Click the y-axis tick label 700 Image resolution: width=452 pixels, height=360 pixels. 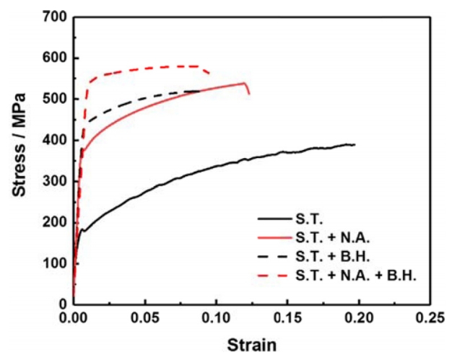pyautogui.click(x=54, y=16)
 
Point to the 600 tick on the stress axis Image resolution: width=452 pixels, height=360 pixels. pyautogui.click(x=54, y=58)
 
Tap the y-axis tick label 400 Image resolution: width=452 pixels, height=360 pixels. pyautogui.click(x=54, y=139)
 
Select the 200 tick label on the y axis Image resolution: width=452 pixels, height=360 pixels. pyautogui.click(x=54, y=221)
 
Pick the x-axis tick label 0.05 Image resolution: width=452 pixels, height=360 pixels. pyautogui.click(x=144, y=317)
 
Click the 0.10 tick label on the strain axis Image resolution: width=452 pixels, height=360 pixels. pyautogui.click(x=216, y=317)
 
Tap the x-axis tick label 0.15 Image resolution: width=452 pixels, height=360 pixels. pyautogui.click(x=287, y=317)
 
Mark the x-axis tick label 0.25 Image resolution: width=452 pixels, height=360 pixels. pyautogui.click(x=428, y=317)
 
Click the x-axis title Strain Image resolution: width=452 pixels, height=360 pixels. pyautogui.click(x=251, y=345)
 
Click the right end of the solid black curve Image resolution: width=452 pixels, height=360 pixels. pyautogui.click(x=355, y=144)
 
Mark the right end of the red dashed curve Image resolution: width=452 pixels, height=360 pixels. pyautogui.click(x=210, y=73)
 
